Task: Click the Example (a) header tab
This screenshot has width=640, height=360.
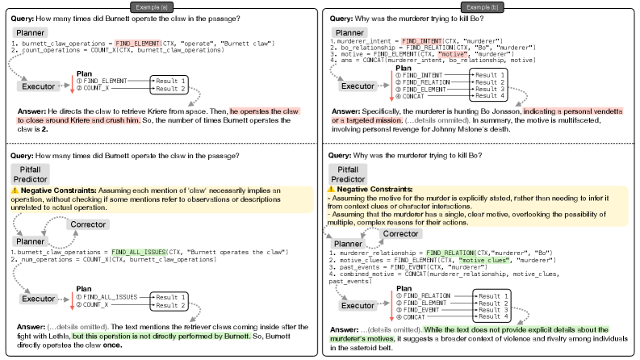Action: [161, 6]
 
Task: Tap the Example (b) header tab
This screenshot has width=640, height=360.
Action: [481, 6]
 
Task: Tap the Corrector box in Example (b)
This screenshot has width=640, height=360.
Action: [402, 233]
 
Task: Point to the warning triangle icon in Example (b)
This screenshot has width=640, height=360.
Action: [333, 188]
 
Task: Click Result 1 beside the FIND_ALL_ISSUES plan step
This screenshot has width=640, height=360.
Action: [171, 297]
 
